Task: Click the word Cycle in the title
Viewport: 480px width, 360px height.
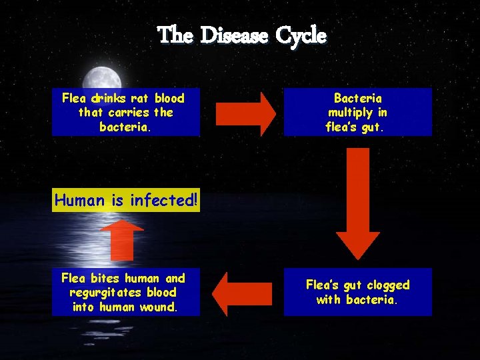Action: (304, 35)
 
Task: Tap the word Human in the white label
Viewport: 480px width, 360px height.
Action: (79, 199)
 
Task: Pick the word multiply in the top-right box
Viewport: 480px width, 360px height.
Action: (357, 112)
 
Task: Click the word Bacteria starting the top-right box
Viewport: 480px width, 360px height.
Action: (357, 98)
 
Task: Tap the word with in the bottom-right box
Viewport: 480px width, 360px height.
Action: (328, 299)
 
